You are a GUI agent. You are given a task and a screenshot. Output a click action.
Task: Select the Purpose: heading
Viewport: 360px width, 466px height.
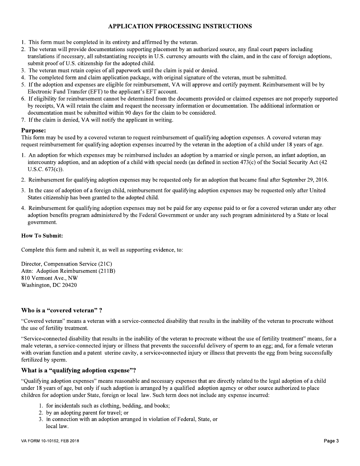(x=33, y=130)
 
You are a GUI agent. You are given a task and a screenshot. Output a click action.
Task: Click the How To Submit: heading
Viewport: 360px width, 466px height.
(x=42, y=236)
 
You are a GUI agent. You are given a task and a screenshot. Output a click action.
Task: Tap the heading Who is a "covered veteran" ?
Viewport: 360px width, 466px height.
(x=61, y=310)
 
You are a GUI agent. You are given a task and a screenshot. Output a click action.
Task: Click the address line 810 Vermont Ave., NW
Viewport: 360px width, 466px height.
(x=49, y=278)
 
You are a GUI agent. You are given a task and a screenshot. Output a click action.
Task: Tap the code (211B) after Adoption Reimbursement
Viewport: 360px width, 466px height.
(x=107, y=271)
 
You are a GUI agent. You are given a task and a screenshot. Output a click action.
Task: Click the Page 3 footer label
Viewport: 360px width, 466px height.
(x=331, y=441)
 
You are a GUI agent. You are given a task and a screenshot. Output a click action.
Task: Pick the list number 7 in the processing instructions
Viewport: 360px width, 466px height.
(x=23, y=120)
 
